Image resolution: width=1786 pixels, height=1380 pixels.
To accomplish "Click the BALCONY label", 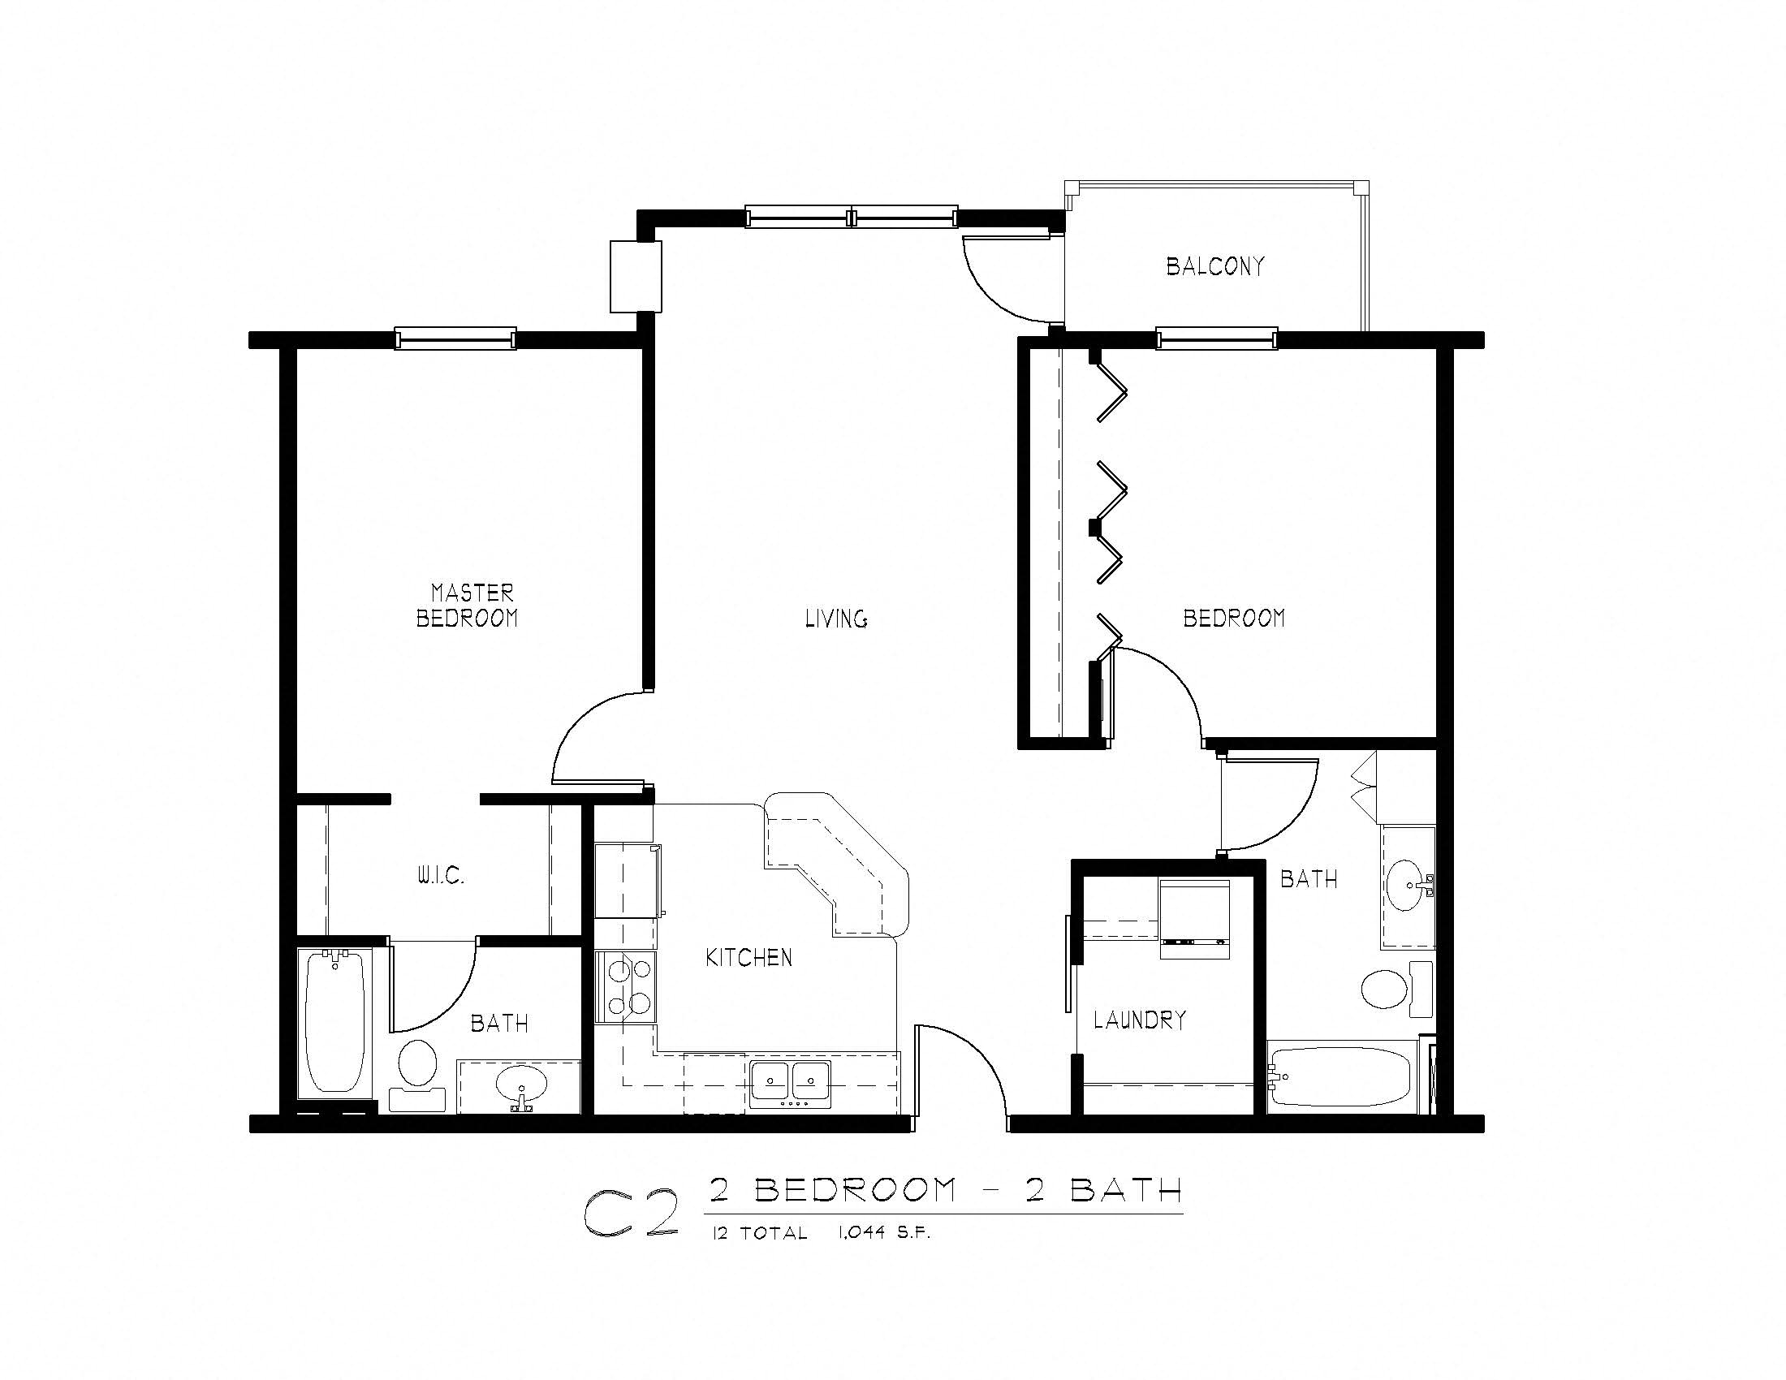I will [1214, 266].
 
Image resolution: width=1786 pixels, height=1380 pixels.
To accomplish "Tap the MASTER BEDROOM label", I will [468, 605].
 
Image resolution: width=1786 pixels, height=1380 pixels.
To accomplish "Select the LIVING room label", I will [835, 619].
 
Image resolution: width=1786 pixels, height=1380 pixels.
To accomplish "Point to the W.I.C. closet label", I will [441, 877].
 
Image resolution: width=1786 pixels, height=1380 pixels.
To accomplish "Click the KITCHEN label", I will [748, 957].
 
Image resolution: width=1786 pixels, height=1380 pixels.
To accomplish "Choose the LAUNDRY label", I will [1139, 1020].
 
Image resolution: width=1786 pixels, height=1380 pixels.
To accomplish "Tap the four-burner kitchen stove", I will [626, 986].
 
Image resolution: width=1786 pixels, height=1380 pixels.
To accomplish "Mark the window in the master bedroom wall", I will [455, 338].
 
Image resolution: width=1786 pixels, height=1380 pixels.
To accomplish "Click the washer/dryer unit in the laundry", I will [1195, 918].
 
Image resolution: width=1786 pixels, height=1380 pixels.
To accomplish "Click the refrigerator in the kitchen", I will [626, 882].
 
